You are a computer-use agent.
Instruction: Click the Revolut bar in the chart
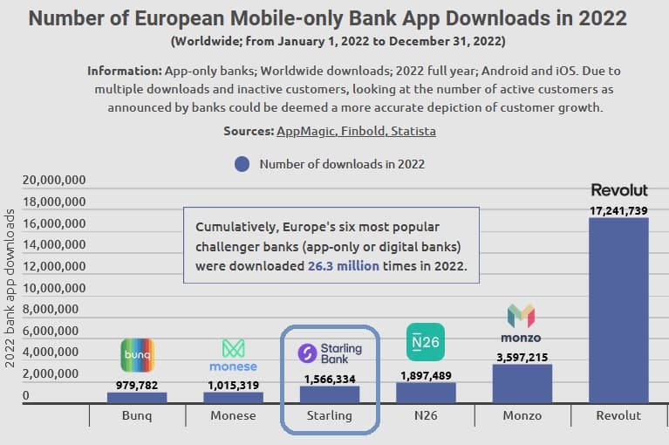pyautogui.click(x=618, y=310)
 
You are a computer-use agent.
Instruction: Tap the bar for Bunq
pyautogui.click(x=137, y=397)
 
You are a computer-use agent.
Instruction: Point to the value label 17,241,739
pyautogui.click(x=618, y=210)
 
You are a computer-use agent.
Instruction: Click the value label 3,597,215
pyautogui.click(x=522, y=357)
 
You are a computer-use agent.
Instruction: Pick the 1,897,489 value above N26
pyautogui.click(x=426, y=375)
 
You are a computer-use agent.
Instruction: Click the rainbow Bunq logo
pyautogui.click(x=137, y=355)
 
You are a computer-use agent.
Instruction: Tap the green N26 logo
pyautogui.click(x=425, y=341)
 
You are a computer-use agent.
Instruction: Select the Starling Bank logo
pyautogui.click(x=330, y=353)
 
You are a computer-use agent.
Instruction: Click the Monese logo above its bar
pyautogui.click(x=233, y=355)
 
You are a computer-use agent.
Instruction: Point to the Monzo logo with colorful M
pyautogui.click(x=522, y=324)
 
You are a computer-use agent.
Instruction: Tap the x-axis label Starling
pyautogui.click(x=330, y=416)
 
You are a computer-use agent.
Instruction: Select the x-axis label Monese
pyautogui.click(x=233, y=416)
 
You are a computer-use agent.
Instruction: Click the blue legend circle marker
pyautogui.click(x=242, y=163)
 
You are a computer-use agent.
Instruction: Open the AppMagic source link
pyautogui.click(x=304, y=131)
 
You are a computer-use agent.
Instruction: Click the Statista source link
pyautogui.click(x=413, y=131)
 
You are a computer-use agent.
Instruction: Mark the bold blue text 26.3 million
pyautogui.click(x=343, y=265)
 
